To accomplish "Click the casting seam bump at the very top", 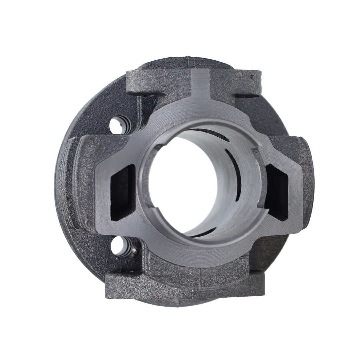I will (188, 59).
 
